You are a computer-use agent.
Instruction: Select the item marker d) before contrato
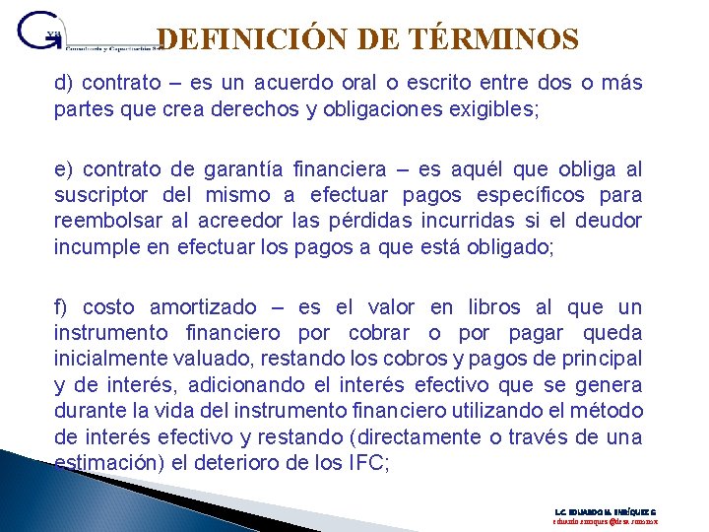point(63,83)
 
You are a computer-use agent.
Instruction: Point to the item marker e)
point(64,169)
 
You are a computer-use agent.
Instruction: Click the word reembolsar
point(107,221)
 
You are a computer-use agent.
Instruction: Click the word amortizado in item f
point(202,307)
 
